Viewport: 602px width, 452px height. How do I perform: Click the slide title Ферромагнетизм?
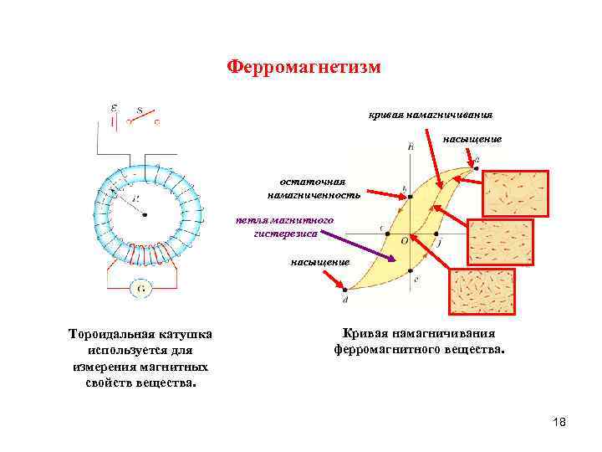tap(304, 67)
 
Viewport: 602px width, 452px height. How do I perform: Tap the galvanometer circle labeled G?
tap(140, 289)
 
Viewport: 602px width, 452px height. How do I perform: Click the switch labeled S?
tap(142, 118)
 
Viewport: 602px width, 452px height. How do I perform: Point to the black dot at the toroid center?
tap(145, 214)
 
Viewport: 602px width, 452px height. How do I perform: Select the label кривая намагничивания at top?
tap(431, 114)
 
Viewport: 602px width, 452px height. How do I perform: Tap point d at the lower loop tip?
tap(345, 292)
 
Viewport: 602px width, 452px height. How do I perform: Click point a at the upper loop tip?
tap(476, 167)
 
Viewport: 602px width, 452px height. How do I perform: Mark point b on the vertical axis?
tap(410, 198)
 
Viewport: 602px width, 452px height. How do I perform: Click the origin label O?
tap(404, 240)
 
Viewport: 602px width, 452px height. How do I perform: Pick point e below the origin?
tap(415, 270)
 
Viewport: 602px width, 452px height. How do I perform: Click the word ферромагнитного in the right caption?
tap(376, 349)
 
